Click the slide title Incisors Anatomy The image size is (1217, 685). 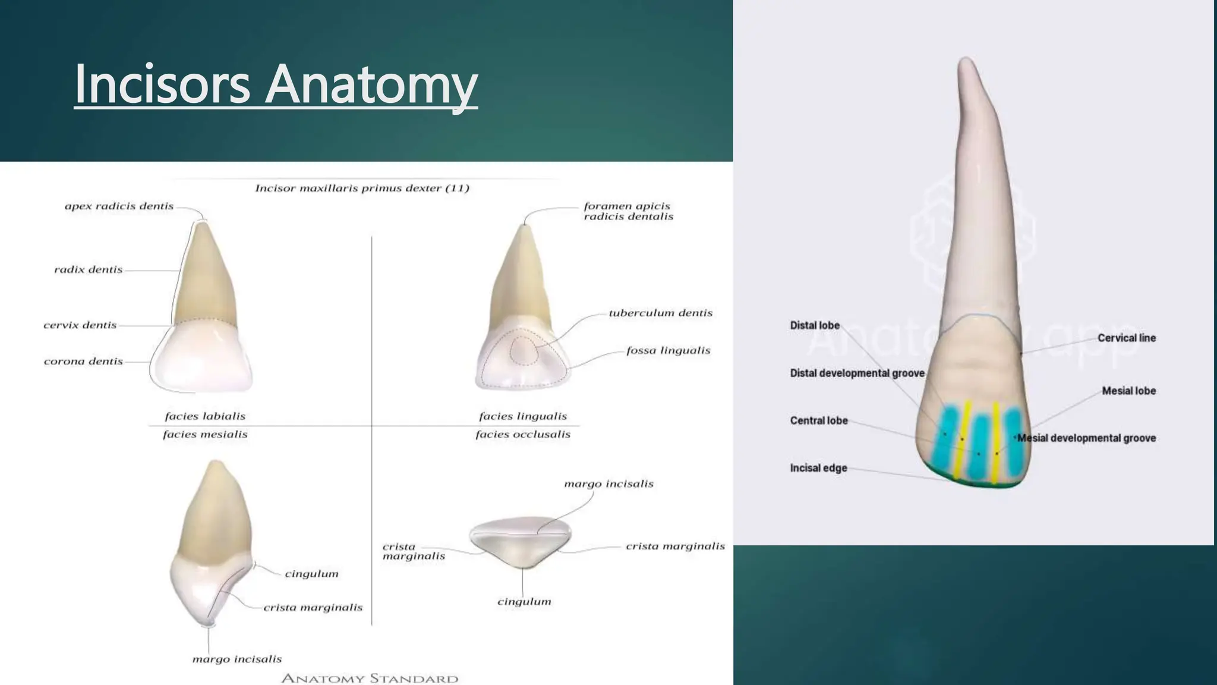point(276,84)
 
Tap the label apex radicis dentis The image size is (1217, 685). point(119,206)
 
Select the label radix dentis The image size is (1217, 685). point(88,270)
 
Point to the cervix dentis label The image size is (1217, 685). point(80,325)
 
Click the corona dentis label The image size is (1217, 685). point(83,362)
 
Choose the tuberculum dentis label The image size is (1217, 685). point(660,313)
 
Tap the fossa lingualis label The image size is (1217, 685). point(668,351)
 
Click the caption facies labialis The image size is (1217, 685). point(205,416)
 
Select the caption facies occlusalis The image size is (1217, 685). point(522,435)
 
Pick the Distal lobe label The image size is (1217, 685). point(814,325)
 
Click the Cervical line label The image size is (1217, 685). point(1126,338)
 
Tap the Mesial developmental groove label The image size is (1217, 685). point(1086,438)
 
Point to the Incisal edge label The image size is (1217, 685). point(818,468)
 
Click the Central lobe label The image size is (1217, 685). point(818,420)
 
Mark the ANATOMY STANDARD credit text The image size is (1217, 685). point(369,678)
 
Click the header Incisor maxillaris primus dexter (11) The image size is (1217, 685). point(362,188)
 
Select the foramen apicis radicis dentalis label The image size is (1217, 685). point(628,211)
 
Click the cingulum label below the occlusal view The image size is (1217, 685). point(524,602)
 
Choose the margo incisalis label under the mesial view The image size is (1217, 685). point(237,659)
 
